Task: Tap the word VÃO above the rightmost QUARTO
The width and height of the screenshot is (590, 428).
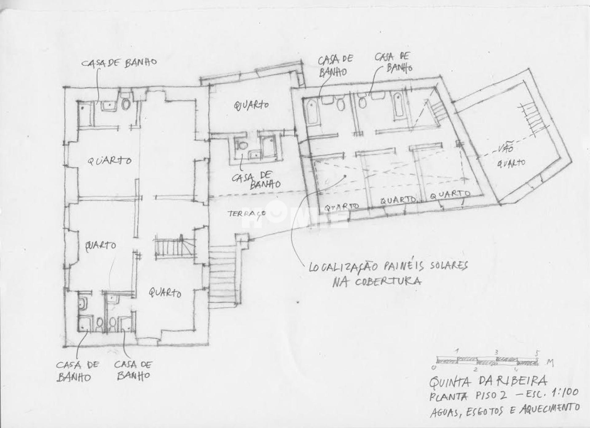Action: pyautogui.click(x=505, y=148)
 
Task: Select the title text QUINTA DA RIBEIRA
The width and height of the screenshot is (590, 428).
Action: pyautogui.click(x=488, y=381)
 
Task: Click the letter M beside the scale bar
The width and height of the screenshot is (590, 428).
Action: pyautogui.click(x=550, y=363)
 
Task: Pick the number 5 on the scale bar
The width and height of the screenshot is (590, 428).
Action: pyautogui.click(x=537, y=353)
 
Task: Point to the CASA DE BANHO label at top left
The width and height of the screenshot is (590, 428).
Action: pyautogui.click(x=119, y=62)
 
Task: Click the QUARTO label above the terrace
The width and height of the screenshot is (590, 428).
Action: pyautogui.click(x=251, y=105)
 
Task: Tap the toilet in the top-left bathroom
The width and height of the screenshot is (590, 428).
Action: pyautogui.click(x=126, y=104)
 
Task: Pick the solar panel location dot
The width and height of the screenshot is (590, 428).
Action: pyautogui.click(x=346, y=176)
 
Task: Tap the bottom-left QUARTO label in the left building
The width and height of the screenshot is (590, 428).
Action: pyautogui.click(x=101, y=245)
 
